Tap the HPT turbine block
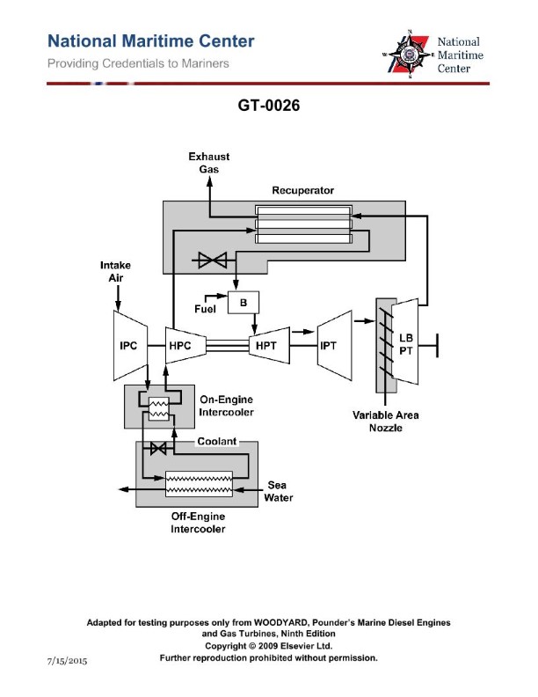coord(266,346)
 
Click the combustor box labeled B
coord(242,303)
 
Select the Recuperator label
coord(302,190)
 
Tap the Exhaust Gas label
coord(209,163)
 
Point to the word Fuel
coord(205,308)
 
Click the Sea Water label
coord(278,491)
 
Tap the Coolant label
coord(215,443)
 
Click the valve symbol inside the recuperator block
coord(211,260)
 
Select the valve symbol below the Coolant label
coord(159,449)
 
